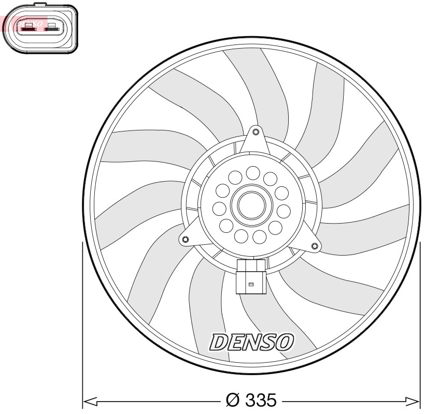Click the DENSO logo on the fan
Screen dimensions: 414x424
(x=251, y=341)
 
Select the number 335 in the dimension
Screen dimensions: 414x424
(x=261, y=401)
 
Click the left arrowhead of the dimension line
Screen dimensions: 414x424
(x=90, y=401)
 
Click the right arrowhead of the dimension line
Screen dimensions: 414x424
(x=413, y=401)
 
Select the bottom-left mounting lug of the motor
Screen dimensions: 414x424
(x=185, y=240)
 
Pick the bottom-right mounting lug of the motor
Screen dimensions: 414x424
(x=314, y=245)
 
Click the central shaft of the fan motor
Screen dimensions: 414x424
(x=251, y=205)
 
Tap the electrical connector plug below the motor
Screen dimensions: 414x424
(x=251, y=276)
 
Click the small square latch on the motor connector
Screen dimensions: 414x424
(x=251, y=284)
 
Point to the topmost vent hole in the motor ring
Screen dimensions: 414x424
(x=253, y=172)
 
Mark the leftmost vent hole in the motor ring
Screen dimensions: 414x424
(x=219, y=209)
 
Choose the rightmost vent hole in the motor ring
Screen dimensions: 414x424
(x=284, y=211)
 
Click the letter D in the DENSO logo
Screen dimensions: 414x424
(x=218, y=342)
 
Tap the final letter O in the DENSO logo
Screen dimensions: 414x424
(x=285, y=341)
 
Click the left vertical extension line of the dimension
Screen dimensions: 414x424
(x=83, y=321)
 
